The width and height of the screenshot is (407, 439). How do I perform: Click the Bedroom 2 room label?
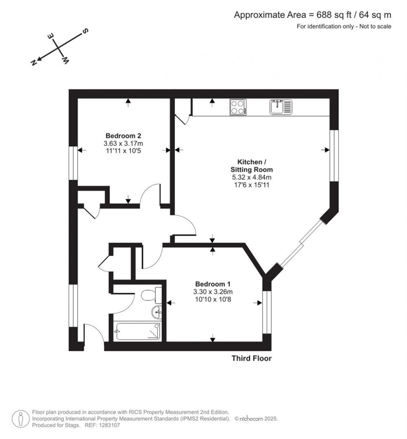pos(123,135)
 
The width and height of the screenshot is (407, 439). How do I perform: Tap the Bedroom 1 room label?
pos(213,284)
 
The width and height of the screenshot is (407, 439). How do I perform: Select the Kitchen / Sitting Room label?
pos(250,166)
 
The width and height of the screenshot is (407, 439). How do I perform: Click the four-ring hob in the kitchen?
pos(238,107)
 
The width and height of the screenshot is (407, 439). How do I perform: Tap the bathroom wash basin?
pos(157,313)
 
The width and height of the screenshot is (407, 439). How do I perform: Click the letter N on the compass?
pos(34,62)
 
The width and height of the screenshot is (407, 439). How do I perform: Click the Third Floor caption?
pos(252,359)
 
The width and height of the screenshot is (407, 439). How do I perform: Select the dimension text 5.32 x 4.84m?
pos(250,177)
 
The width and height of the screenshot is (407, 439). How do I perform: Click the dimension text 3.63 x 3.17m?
pos(123,143)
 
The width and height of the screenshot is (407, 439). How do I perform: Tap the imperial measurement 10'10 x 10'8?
pos(213,299)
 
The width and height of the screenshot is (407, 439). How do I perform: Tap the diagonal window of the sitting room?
pos(301,242)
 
